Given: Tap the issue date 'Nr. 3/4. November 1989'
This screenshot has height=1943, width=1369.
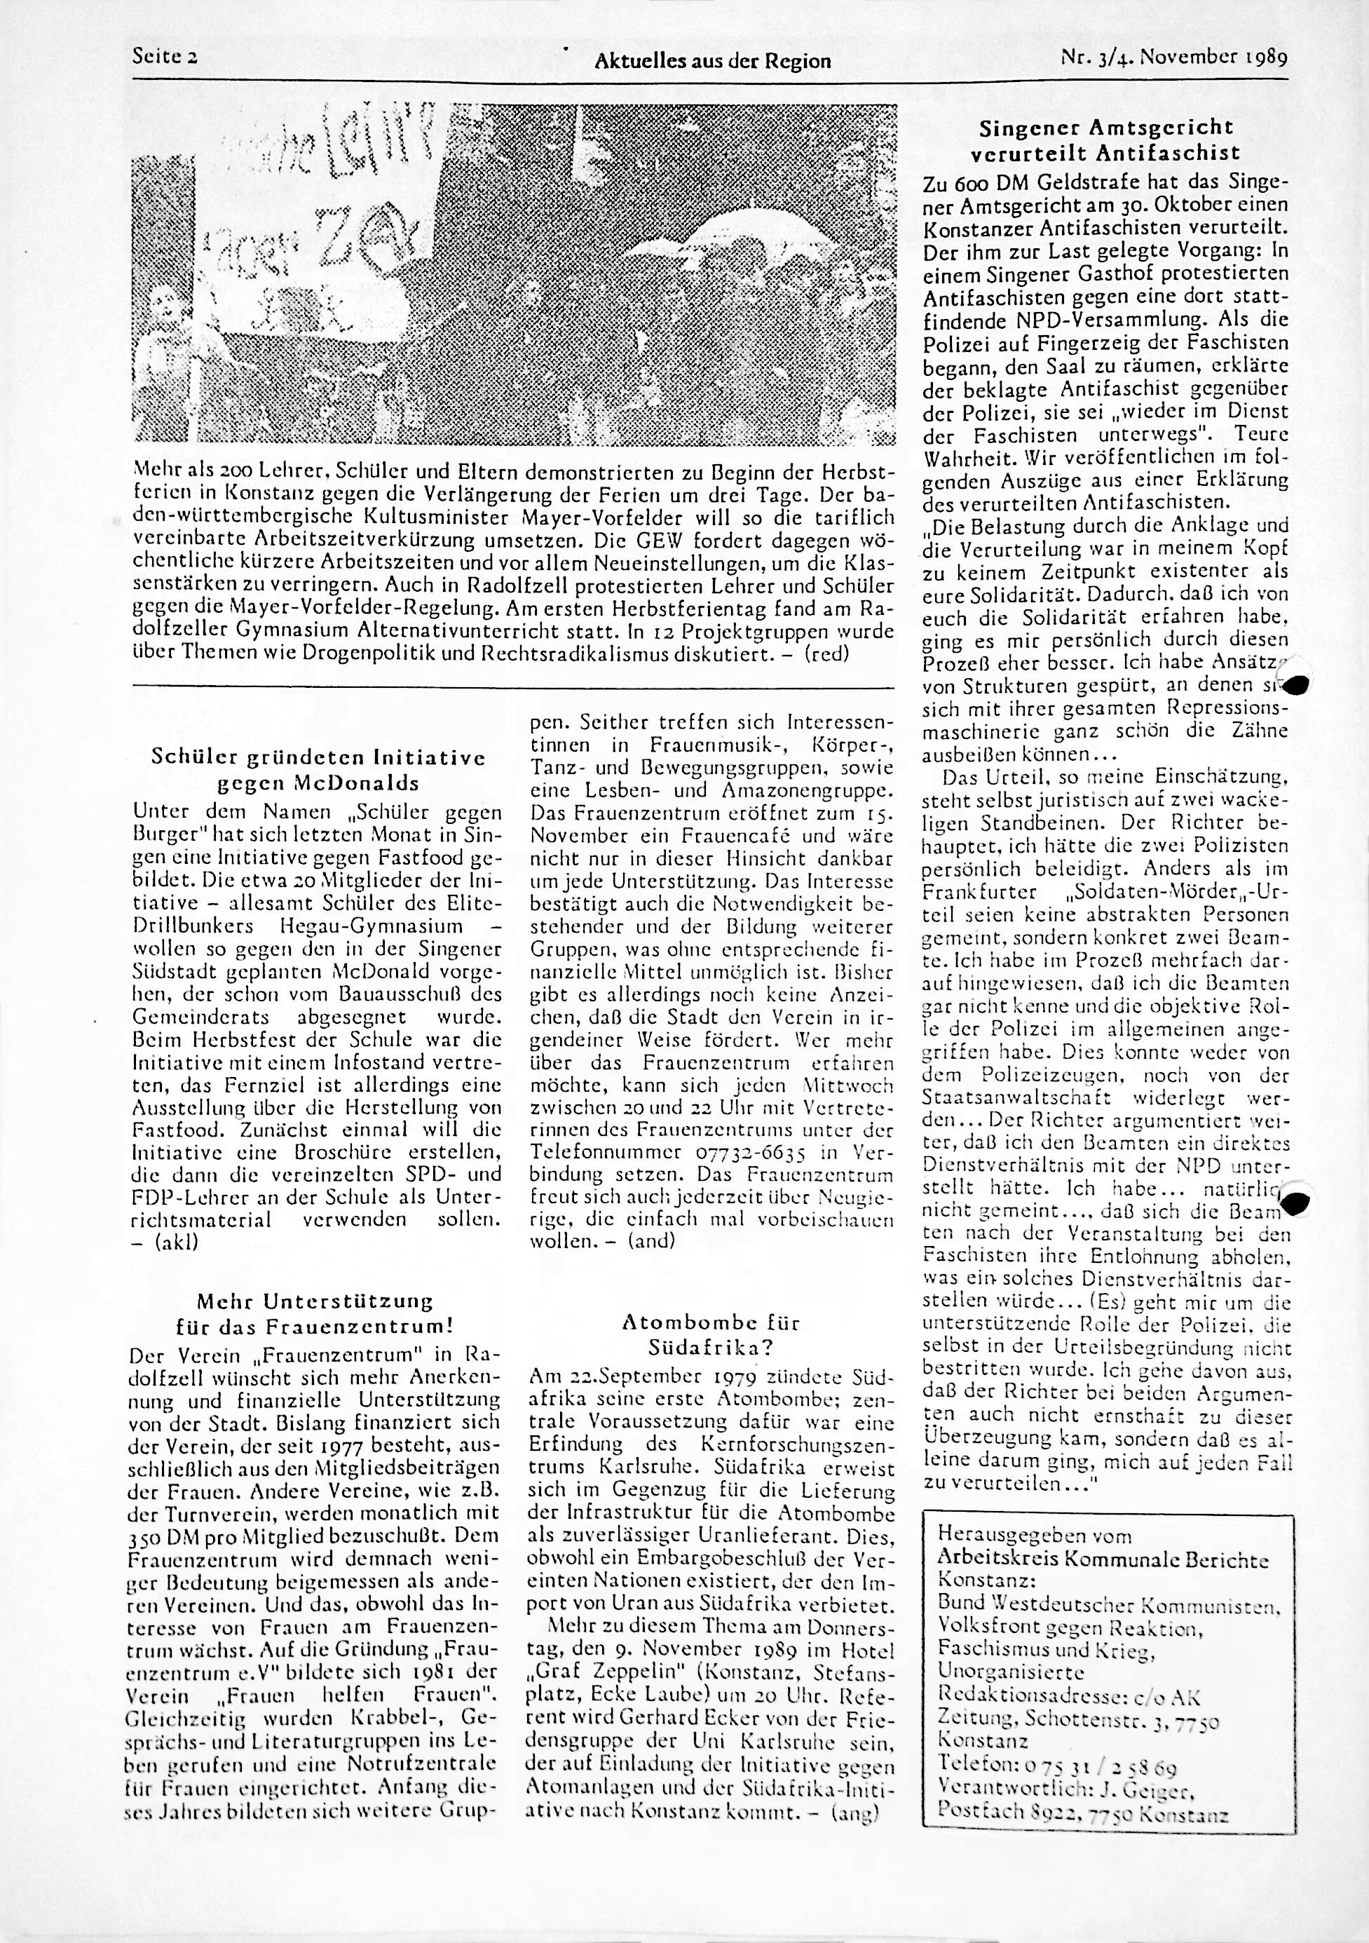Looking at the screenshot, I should coord(1173,58).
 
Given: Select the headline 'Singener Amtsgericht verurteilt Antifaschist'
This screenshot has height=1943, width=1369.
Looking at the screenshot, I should coord(1106,140).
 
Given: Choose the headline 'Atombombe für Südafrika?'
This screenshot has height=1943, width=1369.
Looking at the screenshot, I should coord(710,1334).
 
